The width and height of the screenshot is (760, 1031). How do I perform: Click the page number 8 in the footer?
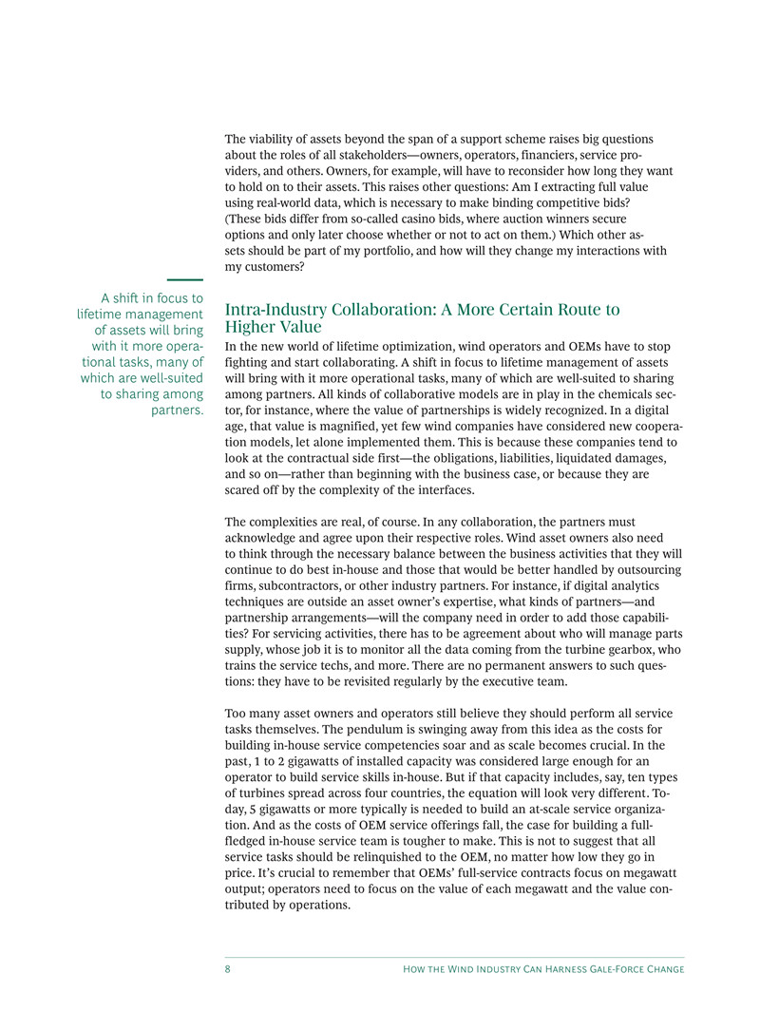pyautogui.click(x=228, y=969)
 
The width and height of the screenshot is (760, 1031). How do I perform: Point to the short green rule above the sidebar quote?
pyautogui.click(x=186, y=280)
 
